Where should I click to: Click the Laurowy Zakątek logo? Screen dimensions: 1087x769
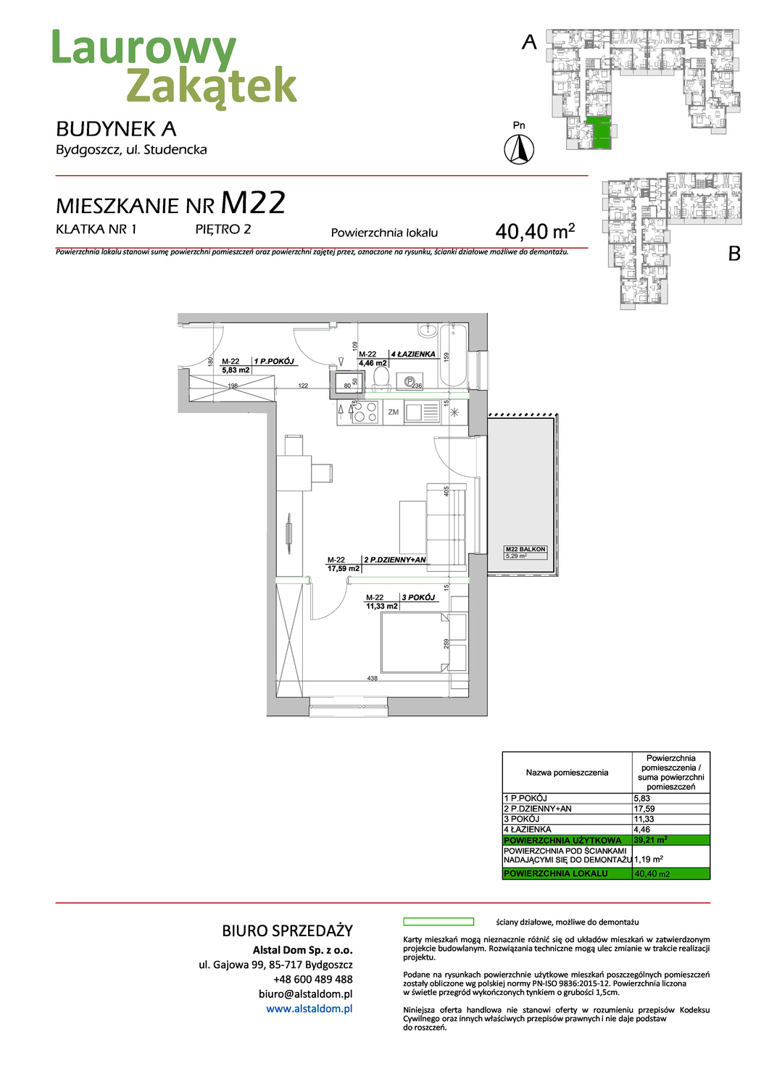[174, 67]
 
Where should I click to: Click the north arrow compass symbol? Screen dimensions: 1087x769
[519, 150]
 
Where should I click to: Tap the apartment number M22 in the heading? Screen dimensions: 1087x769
[253, 204]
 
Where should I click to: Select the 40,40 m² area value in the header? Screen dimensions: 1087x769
[535, 231]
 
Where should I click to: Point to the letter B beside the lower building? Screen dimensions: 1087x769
[733, 254]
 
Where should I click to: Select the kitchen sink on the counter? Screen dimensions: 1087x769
[414, 412]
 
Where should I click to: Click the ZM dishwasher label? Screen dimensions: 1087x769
[393, 412]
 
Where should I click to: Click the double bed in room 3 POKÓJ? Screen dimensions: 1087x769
[415, 643]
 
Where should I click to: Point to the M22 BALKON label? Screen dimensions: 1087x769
[525, 549]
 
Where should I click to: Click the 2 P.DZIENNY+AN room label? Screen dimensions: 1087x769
[395, 559]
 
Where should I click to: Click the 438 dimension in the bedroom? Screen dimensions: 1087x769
[373, 678]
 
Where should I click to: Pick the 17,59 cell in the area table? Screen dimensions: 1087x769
[644, 809]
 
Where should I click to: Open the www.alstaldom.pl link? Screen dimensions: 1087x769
[309, 1009]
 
